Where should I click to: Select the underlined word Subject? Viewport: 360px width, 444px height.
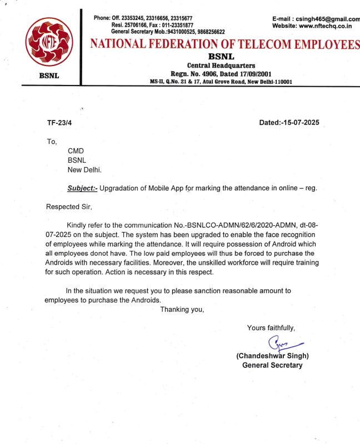coord(82,188)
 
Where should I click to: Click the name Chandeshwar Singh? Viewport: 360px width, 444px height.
coord(272,356)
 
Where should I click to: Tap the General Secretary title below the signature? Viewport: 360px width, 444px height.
coord(272,365)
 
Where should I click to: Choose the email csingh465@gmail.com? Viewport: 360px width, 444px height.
coord(325,18)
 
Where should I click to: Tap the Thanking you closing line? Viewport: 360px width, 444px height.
coord(182,309)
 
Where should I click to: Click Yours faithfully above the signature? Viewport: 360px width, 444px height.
coord(271,328)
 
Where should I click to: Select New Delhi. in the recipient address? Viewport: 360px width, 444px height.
coord(84,170)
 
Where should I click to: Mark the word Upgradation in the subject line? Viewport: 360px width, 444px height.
coord(123,188)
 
